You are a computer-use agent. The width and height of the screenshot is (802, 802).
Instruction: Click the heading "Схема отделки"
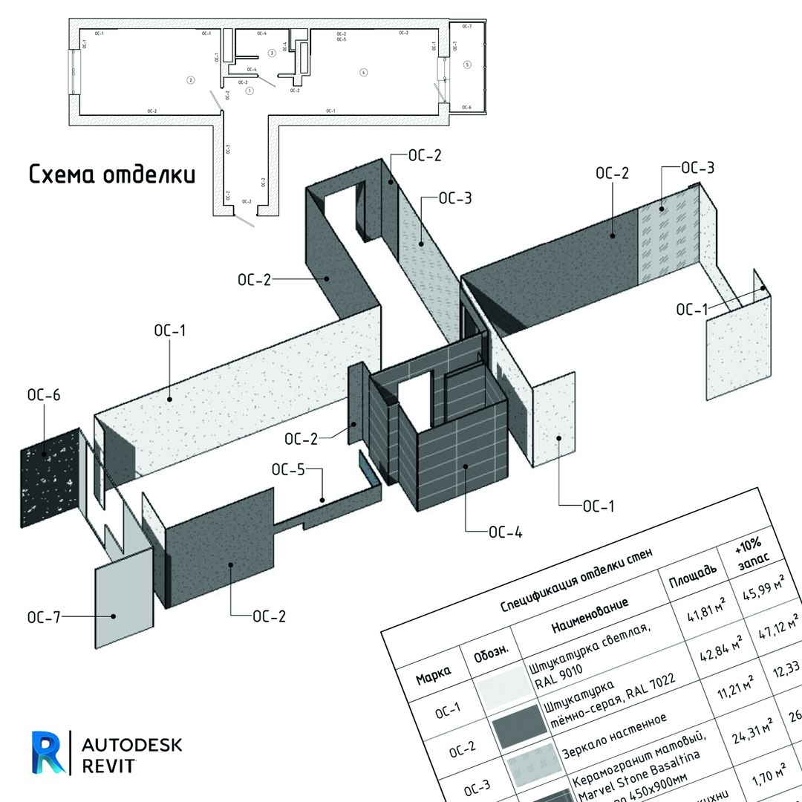(x=112, y=175)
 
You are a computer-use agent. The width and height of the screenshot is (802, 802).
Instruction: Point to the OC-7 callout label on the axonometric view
(x=44, y=617)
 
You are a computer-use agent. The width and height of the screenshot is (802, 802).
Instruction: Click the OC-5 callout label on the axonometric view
(x=288, y=469)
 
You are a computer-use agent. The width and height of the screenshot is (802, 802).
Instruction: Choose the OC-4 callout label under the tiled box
(x=506, y=532)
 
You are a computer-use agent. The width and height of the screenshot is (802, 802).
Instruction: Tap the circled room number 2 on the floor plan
(x=190, y=79)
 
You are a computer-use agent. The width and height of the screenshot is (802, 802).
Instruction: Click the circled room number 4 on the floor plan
(x=363, y=72)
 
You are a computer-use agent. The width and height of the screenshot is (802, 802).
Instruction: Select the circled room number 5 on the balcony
(x=467, y=65)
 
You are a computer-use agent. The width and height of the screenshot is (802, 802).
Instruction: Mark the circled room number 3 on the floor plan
(x=272, y=53)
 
